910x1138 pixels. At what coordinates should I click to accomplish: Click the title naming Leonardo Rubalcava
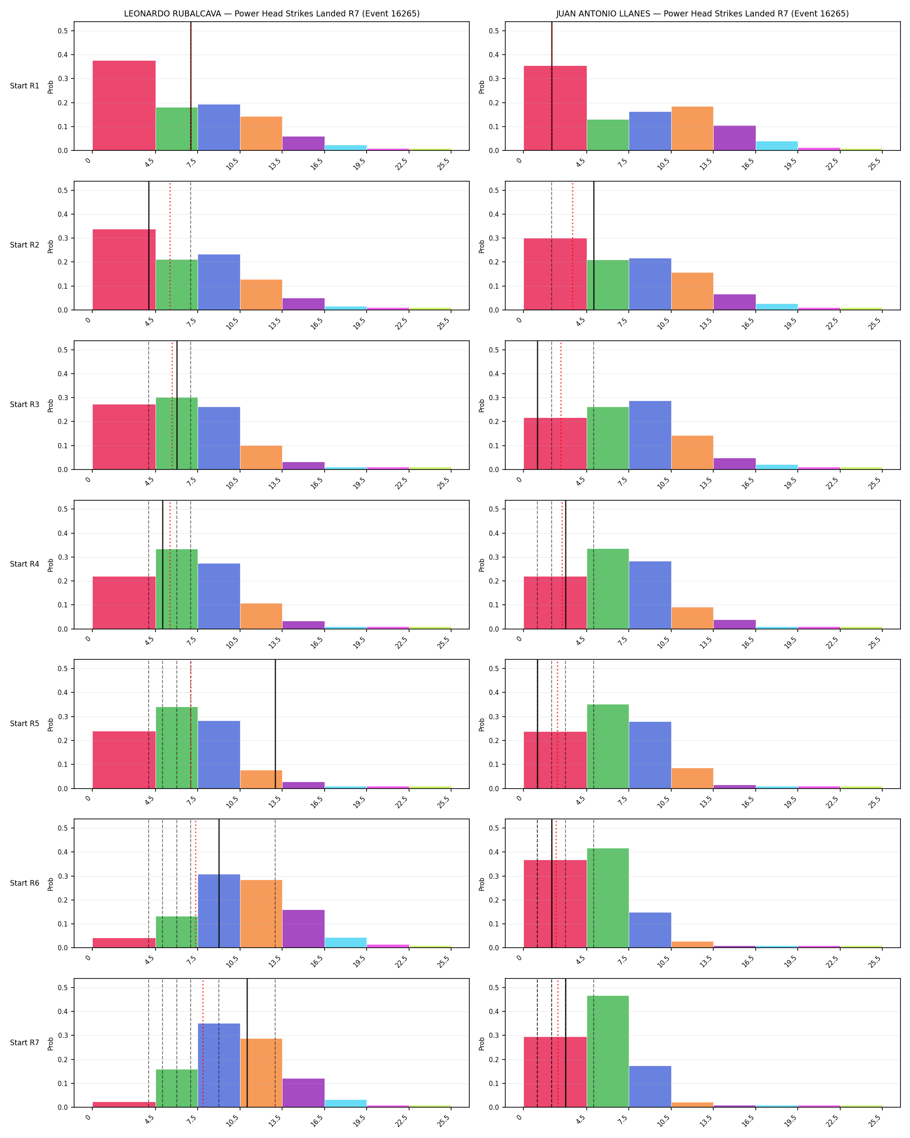click(272, 14)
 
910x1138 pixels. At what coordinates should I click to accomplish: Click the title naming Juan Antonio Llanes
click(702, 14)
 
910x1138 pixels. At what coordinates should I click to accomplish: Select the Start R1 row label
click(25, 86)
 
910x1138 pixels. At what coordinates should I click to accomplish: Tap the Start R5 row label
click(25, 724)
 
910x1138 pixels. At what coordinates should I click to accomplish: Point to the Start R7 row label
click(25, 1043)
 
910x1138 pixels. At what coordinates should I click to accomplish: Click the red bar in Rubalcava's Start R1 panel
click(124, 106)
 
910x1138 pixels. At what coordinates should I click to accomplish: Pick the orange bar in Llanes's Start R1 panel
click(692, 129)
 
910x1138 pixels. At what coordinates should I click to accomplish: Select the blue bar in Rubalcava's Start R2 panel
click(219, 282)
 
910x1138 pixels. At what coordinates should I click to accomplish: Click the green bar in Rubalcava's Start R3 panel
click(177, 434)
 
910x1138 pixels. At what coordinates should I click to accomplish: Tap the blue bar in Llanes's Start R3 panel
click(650, 435)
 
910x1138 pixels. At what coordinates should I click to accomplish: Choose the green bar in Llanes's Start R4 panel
click(608, 589)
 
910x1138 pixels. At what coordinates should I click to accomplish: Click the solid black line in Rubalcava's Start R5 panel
click(275, 724)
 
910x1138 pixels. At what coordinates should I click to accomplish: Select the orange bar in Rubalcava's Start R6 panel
click(261, 914)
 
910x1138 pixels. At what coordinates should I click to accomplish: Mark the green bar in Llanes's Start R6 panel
click(608, 898)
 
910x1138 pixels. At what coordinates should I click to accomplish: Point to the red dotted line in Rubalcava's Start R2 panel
click(170, 246)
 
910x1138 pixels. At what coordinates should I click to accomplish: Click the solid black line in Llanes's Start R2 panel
click(594, 246)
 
